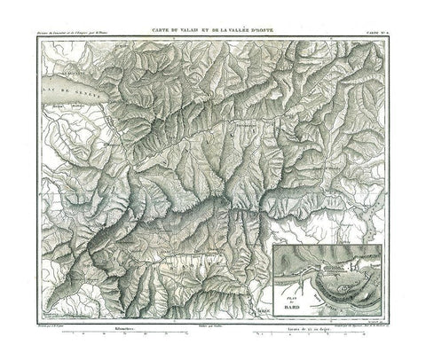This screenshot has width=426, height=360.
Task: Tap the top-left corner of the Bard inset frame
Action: (273, 246)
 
